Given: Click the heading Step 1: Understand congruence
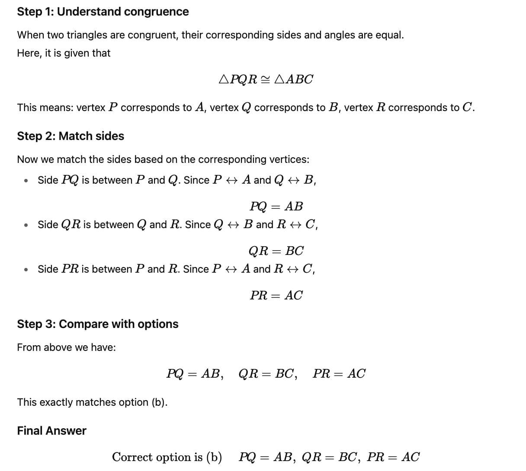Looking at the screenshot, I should (x=103, y=12).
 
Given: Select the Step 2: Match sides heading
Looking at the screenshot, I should (x=71, y=136).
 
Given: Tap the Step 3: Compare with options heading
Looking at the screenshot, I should (x=97, y=324).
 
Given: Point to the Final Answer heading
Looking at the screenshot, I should (x=51, y=431).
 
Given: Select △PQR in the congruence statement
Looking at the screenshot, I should (x=238, y=80).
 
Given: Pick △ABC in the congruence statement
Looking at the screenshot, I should (x=294, y=80).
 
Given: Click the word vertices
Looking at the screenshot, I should (x=289, y=159).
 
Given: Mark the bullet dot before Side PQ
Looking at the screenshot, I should (x=26, y=181).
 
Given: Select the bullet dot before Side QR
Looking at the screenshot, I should (x=26, y=225).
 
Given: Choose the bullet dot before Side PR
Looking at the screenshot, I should (x=26, y=270).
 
